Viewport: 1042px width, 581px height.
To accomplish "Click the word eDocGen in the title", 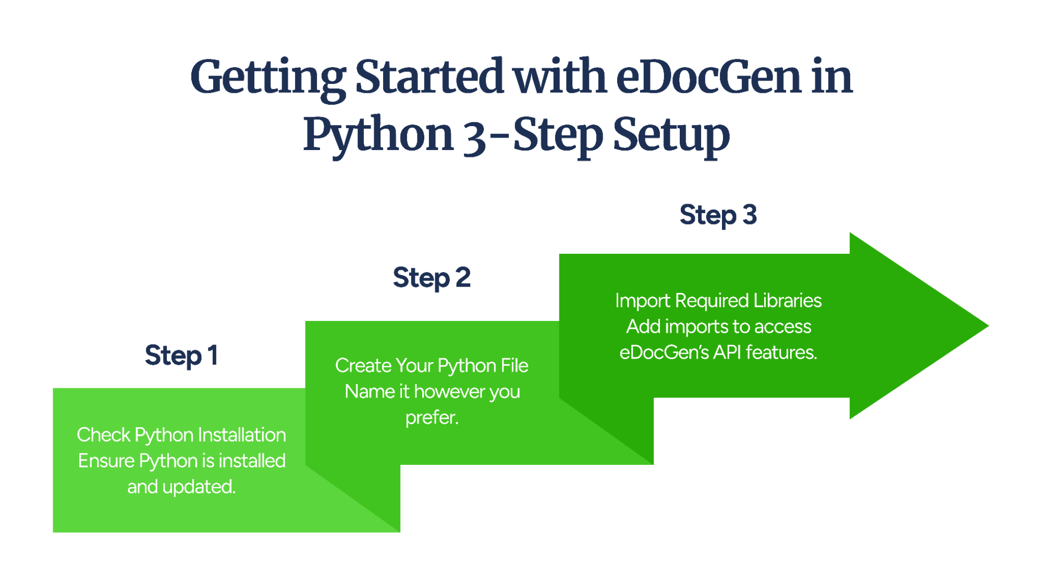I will click(708, 77).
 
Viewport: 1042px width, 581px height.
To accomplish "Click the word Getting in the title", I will click(267, 77).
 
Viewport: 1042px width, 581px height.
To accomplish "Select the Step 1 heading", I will click(181, 356).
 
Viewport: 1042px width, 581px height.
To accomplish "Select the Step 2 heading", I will click(431, 278).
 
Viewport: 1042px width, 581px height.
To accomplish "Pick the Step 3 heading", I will click(718, 215).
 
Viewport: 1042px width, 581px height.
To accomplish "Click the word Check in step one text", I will click(103, 435).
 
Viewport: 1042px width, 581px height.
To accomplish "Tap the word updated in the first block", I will click(198, 487).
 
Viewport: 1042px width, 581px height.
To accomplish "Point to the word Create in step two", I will click(363, 366).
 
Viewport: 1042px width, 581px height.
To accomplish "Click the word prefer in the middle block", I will click(431, 417).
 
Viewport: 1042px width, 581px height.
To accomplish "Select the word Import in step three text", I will click(642, 301).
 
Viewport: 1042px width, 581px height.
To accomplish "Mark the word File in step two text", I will click(514, 366).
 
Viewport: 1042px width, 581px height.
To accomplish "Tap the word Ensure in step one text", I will click(106, 461).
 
